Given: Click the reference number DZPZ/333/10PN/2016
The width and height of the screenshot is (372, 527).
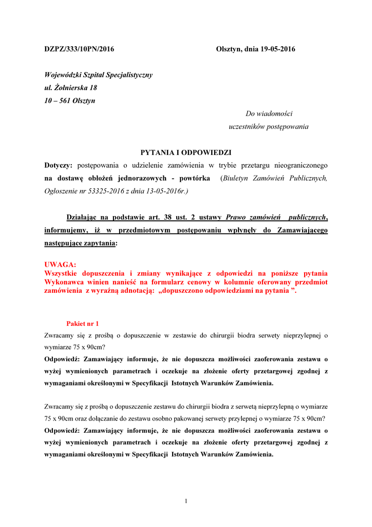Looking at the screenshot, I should (79, 49).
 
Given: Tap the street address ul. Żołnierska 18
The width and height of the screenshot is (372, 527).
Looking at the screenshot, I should (70, 88).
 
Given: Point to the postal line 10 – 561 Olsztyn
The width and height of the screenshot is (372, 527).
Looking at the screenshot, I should (69, 101).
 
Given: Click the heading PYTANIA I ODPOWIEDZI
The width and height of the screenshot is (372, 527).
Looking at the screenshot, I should (186, 153).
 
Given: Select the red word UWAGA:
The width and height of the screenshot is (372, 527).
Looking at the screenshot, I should (60, 265).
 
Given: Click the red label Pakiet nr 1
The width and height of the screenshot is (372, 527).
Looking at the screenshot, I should (83, 323).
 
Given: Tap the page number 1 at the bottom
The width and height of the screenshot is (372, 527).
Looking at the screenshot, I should (186, 501).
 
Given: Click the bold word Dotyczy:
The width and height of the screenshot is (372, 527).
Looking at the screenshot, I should (59, 166).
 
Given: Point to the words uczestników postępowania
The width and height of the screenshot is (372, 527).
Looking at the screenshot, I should (268, 127).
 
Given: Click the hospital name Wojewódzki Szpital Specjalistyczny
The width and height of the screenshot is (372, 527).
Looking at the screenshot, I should (98, 75).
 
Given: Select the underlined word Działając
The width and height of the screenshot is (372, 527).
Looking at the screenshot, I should (84, 217).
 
